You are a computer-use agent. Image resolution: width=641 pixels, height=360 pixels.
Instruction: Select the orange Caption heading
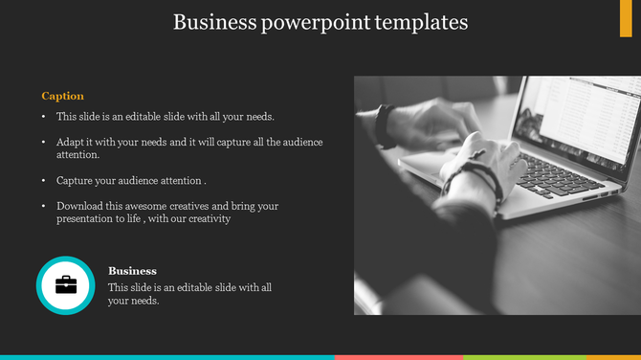[62, 96]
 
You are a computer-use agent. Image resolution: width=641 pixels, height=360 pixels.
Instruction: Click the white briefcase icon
[66, 284]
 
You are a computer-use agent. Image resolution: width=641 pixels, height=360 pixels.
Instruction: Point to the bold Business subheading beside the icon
[132, 271]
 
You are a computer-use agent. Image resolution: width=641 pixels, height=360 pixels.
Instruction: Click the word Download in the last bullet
[79, 206]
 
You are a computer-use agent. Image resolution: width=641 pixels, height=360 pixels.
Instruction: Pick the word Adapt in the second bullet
[69, 142]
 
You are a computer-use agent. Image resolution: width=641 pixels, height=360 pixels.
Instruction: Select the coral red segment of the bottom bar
[398, 357]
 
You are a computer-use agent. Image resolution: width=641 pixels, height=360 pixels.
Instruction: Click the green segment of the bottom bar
[502, 357]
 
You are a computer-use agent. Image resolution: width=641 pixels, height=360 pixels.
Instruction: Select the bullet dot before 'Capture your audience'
[43, 181]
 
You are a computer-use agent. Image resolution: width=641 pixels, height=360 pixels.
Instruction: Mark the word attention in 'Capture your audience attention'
[180, 180]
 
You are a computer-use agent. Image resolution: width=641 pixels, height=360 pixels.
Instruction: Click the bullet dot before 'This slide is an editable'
[43, 117]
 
